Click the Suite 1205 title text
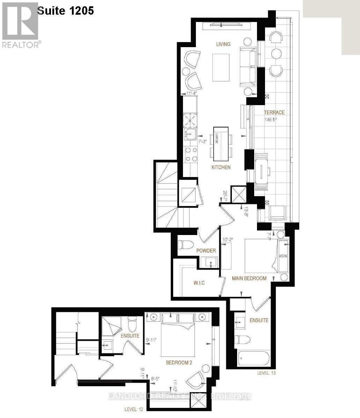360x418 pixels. (65, 10)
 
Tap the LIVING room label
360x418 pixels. (223, 44)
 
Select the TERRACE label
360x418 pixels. (274, 112)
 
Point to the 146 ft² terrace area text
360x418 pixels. (271, 119)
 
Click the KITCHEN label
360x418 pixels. (221, 167)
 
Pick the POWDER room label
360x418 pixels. (206, 250)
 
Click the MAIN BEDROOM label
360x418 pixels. (249, 278)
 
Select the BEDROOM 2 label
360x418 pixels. (179, 362)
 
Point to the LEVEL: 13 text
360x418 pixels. (266, 373)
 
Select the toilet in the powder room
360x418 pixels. (185, 245)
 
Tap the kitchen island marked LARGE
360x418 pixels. (220, 144)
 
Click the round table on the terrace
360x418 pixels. (276, 54)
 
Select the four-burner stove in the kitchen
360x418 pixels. (191, 154)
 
